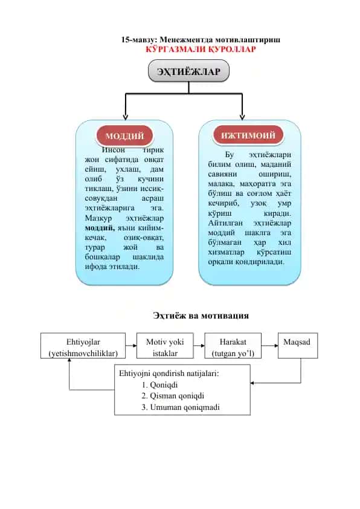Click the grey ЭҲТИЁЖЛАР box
pyautogui.click(x=188, y=71)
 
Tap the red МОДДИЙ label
pyautogui.click(x=124, y=135)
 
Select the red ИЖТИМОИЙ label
pyautogui.click(x=248, y=135)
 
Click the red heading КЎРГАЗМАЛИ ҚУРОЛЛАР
pyautogui.click(x=201, y=50)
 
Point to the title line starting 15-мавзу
pyautogui.click(x=201, y=40)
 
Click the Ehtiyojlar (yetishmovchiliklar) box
pyautogui.click(x=83, y=345)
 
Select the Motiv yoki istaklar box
pyautogui.click(x=165, y=345)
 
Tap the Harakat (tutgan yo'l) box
pyautogui.click(x=233, y=345)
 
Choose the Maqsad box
pyautogui.click(x=298, y=345)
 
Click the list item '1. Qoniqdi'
pyautogui.click(x=159, y=385)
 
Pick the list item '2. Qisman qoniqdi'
pyautogui.click(x=173, y=396)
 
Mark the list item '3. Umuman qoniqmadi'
pyautogui.click(x=181, y=407)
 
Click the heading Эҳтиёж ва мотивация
pyautogui.click(x=201, y=316)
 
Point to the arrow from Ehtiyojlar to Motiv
pyautogui.click(x=131, y=345)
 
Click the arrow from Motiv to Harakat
pyautogui.click(x=199, y=345)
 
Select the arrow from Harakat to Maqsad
pyautogui.click(x=269, y=345)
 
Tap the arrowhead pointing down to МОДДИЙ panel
pyautogui.click(x=126, y=117)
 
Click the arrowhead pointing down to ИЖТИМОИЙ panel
pyautogui.click(x=242, y=117)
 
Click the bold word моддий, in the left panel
pyautogui.click(x=100, y=228)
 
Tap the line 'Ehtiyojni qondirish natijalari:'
pyautogui.click(x=169, y=374)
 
